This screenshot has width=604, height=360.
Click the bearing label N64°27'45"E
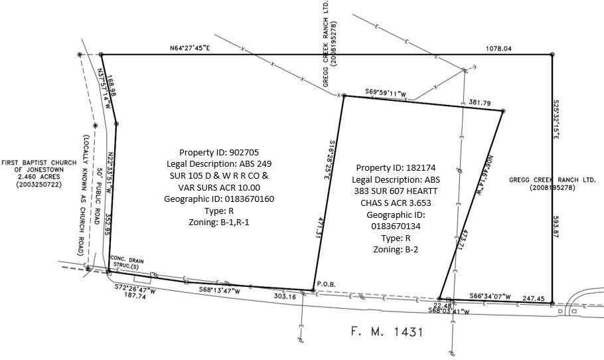pos(190,48)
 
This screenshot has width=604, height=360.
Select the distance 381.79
pos(479,103)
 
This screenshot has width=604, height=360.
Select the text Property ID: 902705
pos(217,151)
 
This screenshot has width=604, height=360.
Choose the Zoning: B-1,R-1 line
pos(217,223)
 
